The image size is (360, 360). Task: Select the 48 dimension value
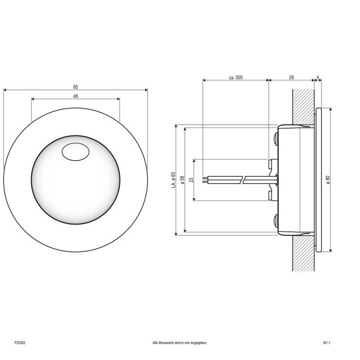(75, 96)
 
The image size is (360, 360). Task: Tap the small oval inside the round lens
(75, 152)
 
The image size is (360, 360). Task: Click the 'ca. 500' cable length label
(235, 77)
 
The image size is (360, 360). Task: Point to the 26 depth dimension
(291, 77)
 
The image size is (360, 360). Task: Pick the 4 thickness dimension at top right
(318, 77)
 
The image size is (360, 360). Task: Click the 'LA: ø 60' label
(173, 180)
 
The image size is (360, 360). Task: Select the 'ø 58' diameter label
(182, 180)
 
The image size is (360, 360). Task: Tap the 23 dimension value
(191, 180)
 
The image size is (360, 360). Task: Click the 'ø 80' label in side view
(328, 179)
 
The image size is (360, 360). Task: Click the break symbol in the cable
(243, 180)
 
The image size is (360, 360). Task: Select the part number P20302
(20, 342)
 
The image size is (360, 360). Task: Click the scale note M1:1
(326, 342)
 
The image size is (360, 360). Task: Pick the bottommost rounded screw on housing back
(274, 220)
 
